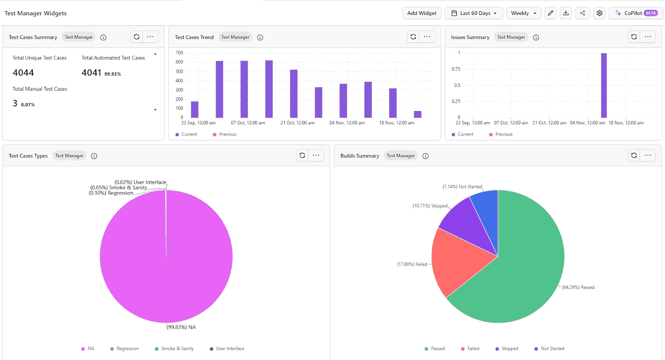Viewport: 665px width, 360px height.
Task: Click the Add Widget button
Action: pyautogui.click(x=421, y=13)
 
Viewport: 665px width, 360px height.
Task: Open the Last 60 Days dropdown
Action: pyautogui.click(x=473, y=13)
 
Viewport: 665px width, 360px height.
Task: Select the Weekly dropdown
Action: pyautogui.click(x=523, y=13)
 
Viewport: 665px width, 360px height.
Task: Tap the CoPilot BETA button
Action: pyautogui.click(x=635, y=13)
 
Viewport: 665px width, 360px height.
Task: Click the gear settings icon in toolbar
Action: pyautogui.click(x=599, y=13)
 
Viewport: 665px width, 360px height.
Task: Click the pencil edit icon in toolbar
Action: pyautogui.click(x=550, y=13)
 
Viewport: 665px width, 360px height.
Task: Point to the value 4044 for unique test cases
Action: pyautogui.click(x=23, y=73)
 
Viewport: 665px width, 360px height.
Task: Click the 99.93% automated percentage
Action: pyautogui.click(x=113, y=74)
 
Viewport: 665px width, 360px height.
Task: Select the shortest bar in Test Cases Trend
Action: pyautogui.click(x=417, y=114)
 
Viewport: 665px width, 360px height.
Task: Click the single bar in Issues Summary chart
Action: pyautogui.click(x=603, y=85)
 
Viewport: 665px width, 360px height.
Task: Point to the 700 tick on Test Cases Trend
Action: pyautogui.click(x=179, y=53)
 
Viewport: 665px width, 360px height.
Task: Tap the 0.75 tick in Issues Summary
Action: pyautogui.click(x=456, y=69)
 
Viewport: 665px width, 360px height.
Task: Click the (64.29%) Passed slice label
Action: pyautogui.click(x=578, y=287)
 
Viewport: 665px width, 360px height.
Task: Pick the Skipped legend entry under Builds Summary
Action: pyautogui.click(x=507, y=349)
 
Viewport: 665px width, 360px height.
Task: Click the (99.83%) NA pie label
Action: pyautogui.click(x=181, y=327)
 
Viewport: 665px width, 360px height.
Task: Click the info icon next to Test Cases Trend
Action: pyautogui.click(x=260, y=37)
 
